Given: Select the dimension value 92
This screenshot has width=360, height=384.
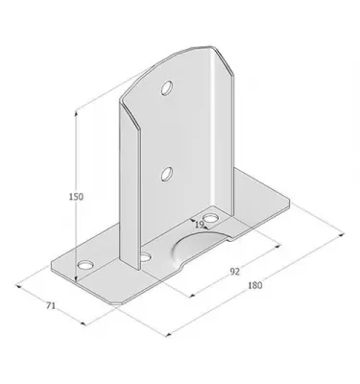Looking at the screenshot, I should pos(234,271).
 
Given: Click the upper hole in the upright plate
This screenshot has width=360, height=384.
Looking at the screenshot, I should pos(167,88).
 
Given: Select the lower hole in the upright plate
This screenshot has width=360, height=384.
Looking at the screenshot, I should pos(167,173).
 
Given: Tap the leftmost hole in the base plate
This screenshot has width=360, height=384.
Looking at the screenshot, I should pos(84,262).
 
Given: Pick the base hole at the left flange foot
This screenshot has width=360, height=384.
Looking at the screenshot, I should pos(145,257).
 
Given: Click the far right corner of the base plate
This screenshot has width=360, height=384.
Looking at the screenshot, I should pos(288,205).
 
